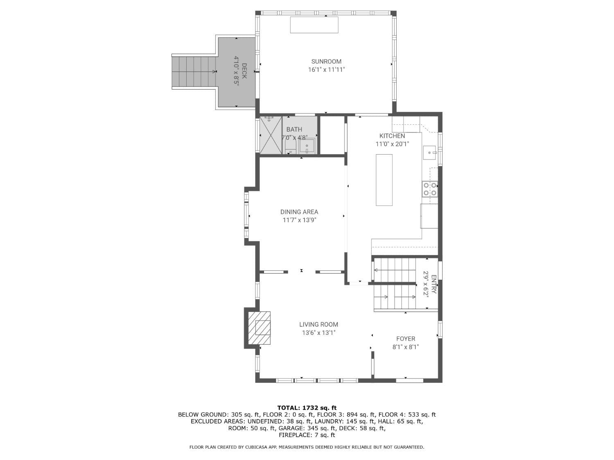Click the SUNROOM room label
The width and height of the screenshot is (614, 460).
[326, 61]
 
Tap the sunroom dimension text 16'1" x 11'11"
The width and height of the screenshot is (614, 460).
[326, 70]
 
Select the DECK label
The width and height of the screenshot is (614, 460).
[244, 71]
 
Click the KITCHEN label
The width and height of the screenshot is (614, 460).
[392, 136]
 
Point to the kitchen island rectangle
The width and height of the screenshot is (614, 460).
[384, 180]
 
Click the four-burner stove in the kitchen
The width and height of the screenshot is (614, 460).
[430, 189]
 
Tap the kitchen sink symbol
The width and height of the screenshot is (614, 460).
[430, 153]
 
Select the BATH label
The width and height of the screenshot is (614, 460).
[294, 129]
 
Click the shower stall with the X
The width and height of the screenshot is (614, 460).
[271, 135]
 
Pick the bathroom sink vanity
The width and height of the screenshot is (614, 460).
[307, 146]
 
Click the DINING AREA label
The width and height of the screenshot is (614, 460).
[299, 212]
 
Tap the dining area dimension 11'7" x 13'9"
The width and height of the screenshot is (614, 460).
[299, 220]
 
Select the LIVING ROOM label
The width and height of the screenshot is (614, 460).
[318, 324]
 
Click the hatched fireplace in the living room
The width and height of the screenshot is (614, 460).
[259, 328]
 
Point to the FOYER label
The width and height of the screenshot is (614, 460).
[406, 339]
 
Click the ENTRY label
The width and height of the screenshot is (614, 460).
[434, 284]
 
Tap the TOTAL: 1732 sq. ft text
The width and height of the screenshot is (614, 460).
[307, 408]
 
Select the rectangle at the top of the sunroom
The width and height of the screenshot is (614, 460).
[314, 25]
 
